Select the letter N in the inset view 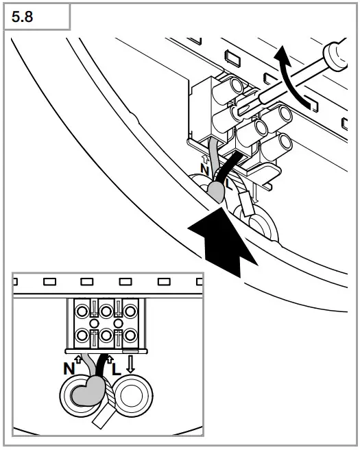69,367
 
